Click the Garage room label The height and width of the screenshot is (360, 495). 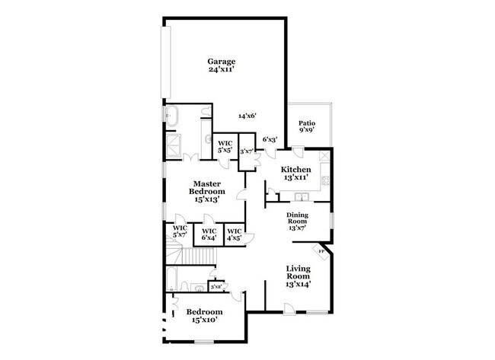click(x=222, y=65)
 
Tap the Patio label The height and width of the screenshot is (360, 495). click(x=306, y=126)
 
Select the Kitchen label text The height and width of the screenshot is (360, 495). click(x=295, y=173)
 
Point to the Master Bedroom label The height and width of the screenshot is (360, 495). click(x=207, y=191)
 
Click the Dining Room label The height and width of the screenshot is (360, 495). click(x=296, y=221)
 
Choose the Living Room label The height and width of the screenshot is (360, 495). click(x=298, y=276)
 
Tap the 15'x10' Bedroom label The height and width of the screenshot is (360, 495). click(x=205, y=316)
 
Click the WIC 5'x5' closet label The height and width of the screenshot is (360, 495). click(x=225, y=146)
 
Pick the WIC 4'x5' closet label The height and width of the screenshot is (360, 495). click(x=235, y=234)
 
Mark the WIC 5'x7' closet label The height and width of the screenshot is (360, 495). click(x=180, y=231)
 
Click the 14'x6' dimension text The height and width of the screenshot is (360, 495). click(x=247, y=116)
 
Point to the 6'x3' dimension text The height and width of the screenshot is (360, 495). click(x=270, y=139)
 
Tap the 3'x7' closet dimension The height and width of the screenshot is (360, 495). click(x=247, y=151)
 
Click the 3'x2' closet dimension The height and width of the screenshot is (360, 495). click(x=216, y=287)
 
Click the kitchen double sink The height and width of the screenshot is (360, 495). click(x=325, y=181)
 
